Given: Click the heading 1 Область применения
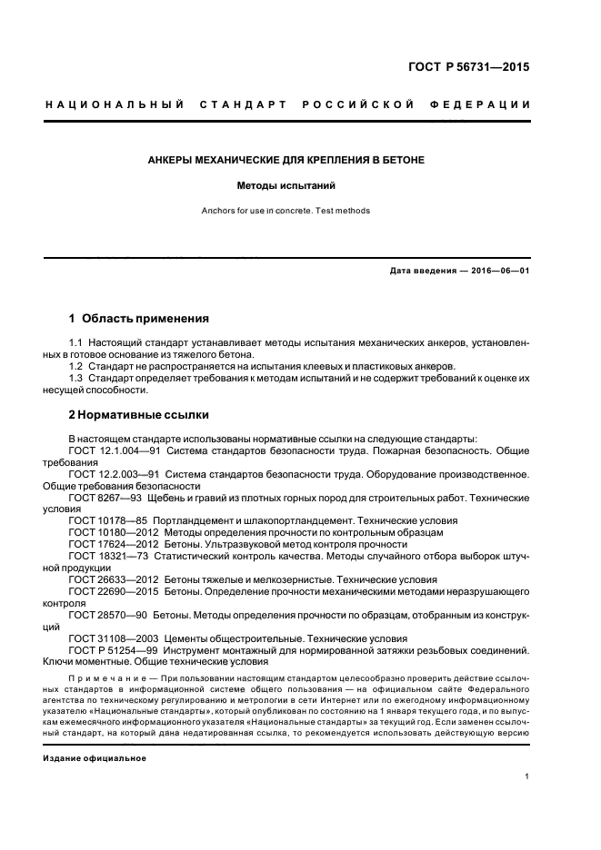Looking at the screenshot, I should coord(139,319).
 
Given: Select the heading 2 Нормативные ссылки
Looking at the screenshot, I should coord(139,415).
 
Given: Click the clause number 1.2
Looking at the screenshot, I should coord(77,367).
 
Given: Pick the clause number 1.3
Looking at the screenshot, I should coord(77,379).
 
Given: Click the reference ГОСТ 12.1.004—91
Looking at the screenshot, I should coord(115,450).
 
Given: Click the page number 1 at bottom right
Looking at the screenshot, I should coord(526,776).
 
